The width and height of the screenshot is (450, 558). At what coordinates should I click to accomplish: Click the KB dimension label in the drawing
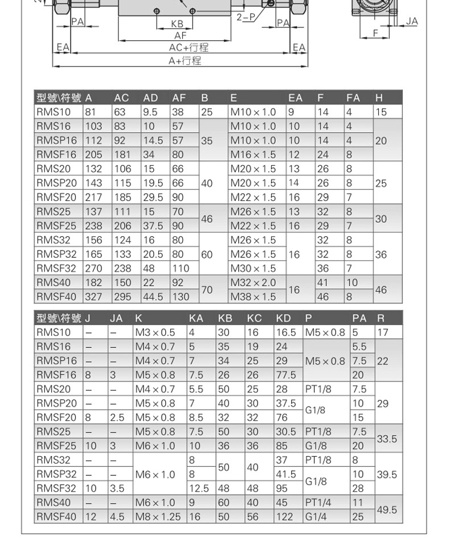click(x=177, y=25)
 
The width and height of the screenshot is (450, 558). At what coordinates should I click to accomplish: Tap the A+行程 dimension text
click(x=184, y=60)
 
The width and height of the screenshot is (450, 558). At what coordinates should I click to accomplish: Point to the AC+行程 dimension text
click(x=189, y=47)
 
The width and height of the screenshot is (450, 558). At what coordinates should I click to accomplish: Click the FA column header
click(x=353, y=98)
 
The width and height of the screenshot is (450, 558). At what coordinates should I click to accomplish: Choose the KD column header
click(x=283, y=318)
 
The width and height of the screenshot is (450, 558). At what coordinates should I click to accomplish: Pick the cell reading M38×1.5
click(x=253, y=297)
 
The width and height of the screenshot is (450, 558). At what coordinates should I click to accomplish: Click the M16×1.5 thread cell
click(x=253, y=154)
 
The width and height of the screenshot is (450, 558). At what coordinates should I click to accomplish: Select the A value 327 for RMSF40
click(x=93, y=297)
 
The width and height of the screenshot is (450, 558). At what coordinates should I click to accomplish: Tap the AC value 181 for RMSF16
click(x=122, y=154)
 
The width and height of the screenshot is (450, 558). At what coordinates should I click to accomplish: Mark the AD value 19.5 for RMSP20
click(x=153, y=183)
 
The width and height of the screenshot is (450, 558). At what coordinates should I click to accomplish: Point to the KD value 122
click(x=284, y=517)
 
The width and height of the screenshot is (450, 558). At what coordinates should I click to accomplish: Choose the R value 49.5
click(x=387, y=510)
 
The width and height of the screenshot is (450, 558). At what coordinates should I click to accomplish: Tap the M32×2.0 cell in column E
click(x=253, y=282)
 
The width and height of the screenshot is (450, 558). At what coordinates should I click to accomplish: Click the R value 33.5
click(x=387, y=439)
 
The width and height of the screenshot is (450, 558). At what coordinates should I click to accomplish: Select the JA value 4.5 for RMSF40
click(x=117, y=517)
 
